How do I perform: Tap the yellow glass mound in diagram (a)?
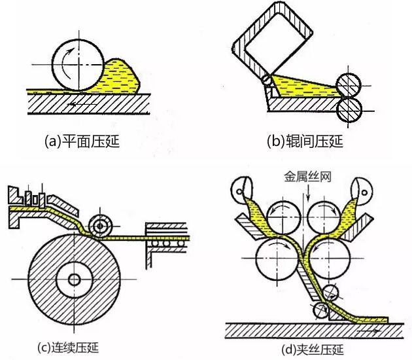point(124,75)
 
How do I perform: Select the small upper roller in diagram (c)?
point(101,226)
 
